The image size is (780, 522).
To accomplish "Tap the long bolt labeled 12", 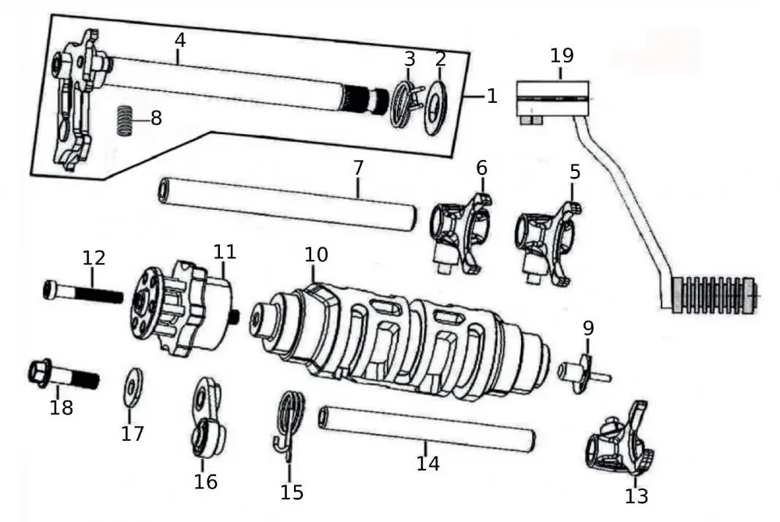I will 83,294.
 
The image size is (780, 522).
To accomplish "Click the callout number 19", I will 562,55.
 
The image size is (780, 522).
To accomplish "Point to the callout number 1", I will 491,96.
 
